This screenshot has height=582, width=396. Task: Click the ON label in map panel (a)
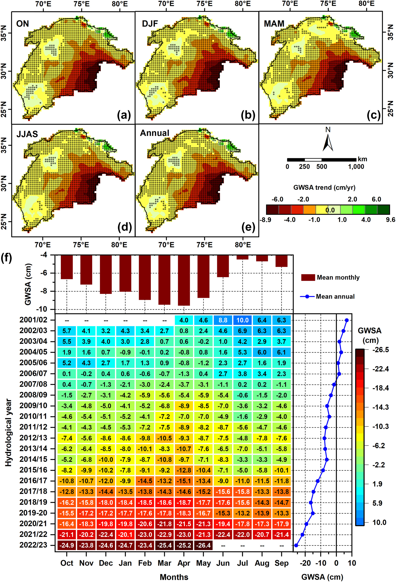[23, 24]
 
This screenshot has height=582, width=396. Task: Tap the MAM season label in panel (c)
[274, 24]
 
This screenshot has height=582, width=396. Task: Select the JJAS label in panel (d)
[27, 134]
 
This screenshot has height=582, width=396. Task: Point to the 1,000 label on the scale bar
[356, 167]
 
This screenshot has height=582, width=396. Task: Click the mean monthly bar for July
[242, 257]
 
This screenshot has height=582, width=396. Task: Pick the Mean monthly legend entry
[330, 277]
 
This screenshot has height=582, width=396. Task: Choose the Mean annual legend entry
[327, 297]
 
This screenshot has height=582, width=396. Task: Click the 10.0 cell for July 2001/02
[242, 320]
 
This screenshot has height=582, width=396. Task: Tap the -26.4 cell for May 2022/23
[203, 545]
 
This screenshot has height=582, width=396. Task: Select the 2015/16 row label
[33, 470]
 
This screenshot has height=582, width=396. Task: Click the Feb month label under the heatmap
[145, 563]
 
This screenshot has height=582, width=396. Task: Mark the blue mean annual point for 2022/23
[296, 545]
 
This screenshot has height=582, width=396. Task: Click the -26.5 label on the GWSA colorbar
[380, 350]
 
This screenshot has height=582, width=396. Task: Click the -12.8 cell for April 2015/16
[184, 470]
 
